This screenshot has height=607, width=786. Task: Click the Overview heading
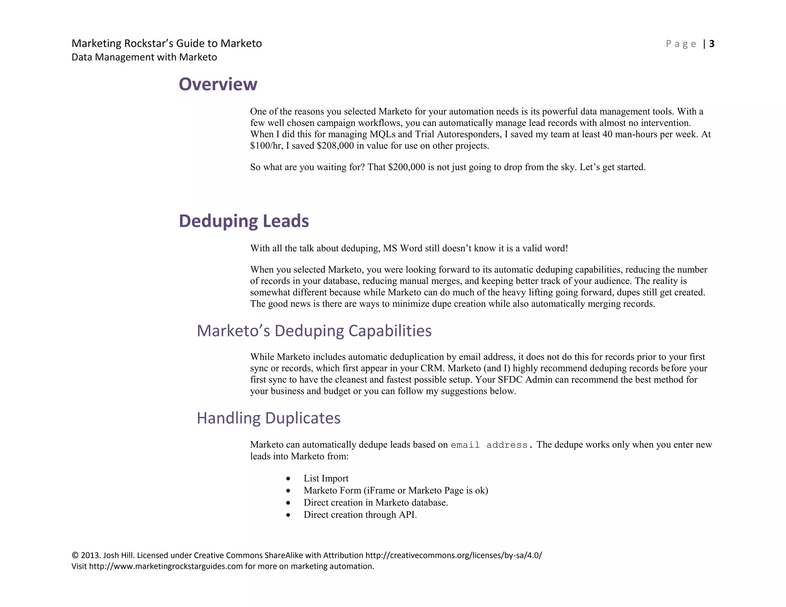218,84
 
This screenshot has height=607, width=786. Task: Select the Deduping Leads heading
244,221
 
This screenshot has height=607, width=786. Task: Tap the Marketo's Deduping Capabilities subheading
314,331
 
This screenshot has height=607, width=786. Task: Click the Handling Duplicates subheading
268,418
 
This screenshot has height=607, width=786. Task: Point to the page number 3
712,44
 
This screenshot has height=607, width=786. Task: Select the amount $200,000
406,167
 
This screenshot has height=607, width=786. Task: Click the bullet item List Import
326,478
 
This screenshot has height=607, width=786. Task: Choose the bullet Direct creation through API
360,515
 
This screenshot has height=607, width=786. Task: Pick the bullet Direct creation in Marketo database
376,503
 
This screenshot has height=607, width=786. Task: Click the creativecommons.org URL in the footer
453,555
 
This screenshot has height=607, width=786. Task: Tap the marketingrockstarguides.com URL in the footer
166,566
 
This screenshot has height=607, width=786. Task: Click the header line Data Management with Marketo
144,57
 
